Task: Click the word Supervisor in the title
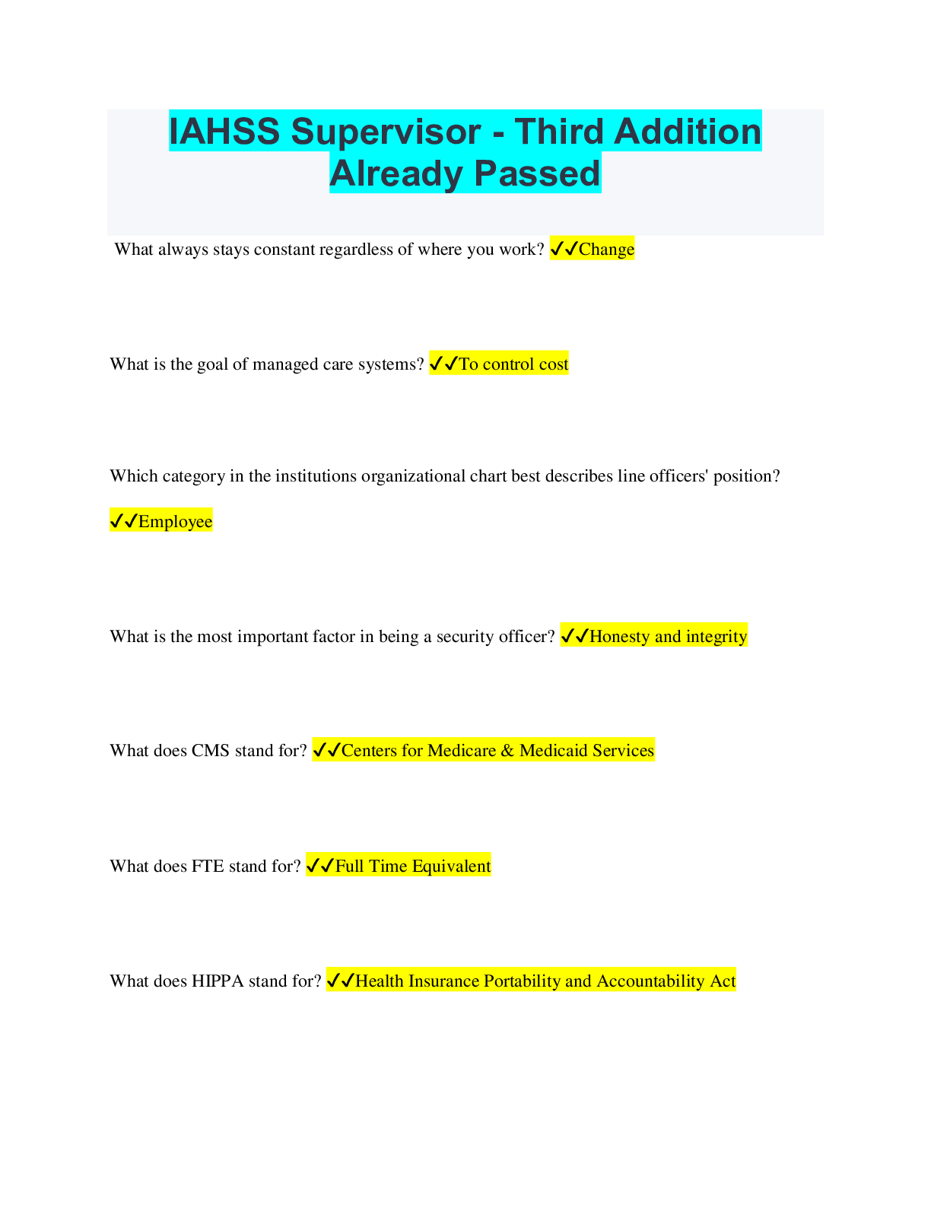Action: coord(386,132)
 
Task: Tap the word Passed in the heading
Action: coord(537,173)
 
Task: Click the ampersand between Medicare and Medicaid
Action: coord(507,750)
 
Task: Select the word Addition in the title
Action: coord(688,132)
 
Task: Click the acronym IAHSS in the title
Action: coord(224,132)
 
